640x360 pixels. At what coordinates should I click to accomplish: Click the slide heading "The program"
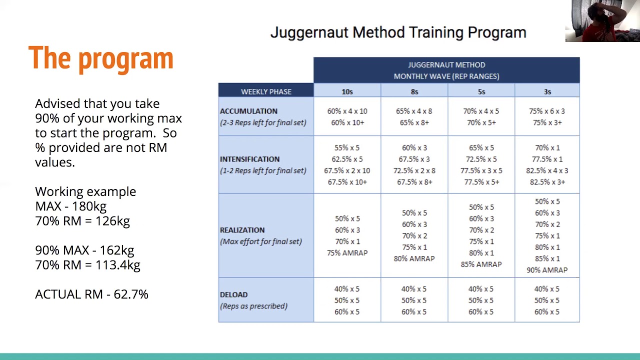pos(100,58)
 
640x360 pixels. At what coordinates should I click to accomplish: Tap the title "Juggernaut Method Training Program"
pos(398,32)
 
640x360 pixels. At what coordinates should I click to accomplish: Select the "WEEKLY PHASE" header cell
pos(266,91)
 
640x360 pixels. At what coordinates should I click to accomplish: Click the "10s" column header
pos(347,91)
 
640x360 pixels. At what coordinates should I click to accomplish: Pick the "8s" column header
pos(414,91)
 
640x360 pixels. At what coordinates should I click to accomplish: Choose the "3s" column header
pos(547,91)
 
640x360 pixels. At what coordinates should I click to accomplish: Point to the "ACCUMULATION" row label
pos(248,111)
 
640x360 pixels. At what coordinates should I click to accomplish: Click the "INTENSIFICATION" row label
pos(249,159)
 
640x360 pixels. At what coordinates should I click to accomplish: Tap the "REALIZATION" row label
pos(242,230)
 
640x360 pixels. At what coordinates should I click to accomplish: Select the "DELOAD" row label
pos(233,294)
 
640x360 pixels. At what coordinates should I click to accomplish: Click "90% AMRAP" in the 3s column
pos(547,270)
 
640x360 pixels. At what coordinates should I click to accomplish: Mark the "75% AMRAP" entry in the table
pos(347,253)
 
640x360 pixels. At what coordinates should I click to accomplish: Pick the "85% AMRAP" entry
pos(481,264)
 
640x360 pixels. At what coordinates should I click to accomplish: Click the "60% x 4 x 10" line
pos(347,111)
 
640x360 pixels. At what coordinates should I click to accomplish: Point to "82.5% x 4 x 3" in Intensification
pos(547,170)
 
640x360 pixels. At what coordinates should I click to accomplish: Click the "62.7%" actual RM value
pos(131,294)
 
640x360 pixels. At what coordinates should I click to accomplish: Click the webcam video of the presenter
pos(602,21)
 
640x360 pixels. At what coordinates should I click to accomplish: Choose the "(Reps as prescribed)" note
pos(253,306)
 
